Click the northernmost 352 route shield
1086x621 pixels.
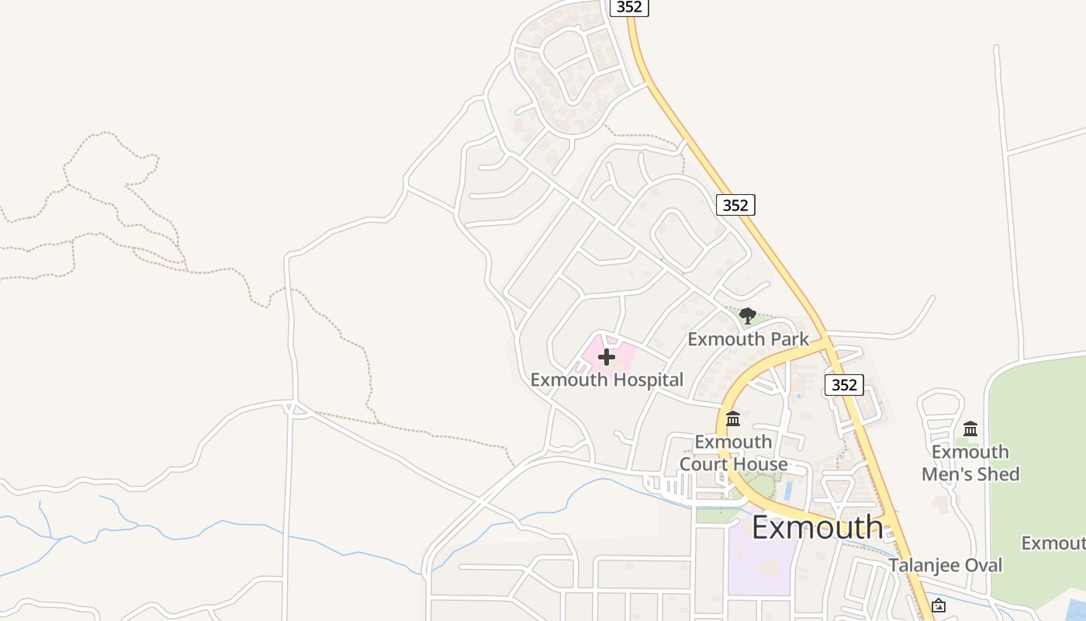tap(629, 7)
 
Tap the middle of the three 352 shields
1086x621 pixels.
tap(735, 205)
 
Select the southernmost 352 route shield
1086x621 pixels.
tap(843, 384)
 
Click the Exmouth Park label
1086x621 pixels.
tap(748, 339)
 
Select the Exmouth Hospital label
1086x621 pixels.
tap(607, 380)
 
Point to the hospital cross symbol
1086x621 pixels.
tap(607, 357)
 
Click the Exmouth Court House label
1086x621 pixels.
tap(733, 453)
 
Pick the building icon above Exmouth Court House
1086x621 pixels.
tap(733, 420)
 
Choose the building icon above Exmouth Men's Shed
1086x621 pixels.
tap(970, 428)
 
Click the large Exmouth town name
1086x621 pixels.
tap(817, 528)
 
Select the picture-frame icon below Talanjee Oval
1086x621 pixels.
tap(939, 605)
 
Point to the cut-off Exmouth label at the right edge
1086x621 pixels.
tap(1053, 543)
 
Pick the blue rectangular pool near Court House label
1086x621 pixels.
tap(789, 491)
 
